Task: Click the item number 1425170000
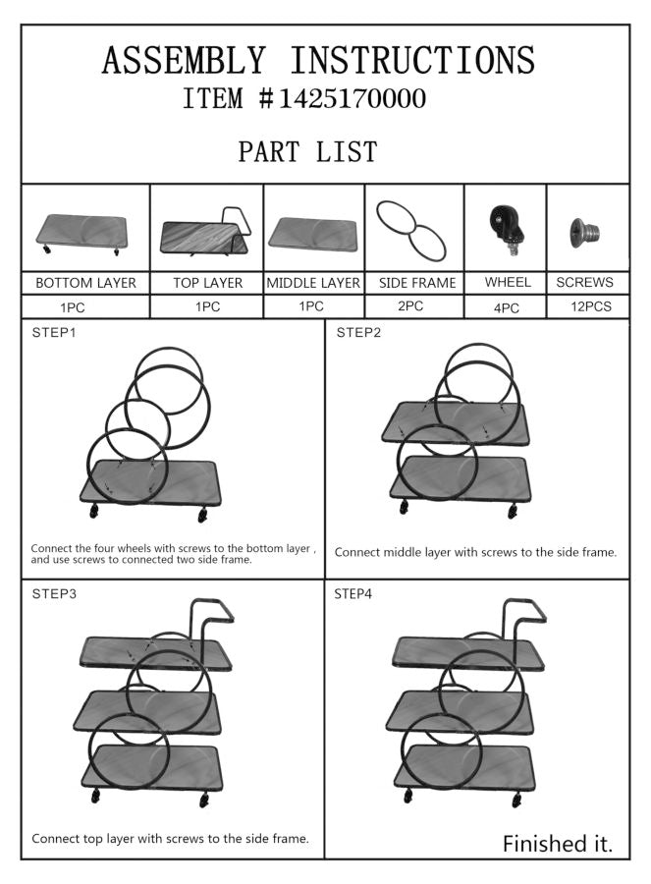tap(353, 98)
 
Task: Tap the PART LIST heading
tap(307, 151)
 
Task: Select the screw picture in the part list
tap(584, 231)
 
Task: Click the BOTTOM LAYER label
tap(85, 283)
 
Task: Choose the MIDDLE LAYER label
tap(313, 283)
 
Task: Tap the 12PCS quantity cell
tap(591, 306)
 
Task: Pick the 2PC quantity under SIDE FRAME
tap(410, 306)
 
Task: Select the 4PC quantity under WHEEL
tap(506, 308)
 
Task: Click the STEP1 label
tap(54, 333)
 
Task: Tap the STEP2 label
tap(358, 333)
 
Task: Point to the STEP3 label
tap(54, 593)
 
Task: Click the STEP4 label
tap(353, 593)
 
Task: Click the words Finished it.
tap(558, 844)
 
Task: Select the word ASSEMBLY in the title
tap(184, 60)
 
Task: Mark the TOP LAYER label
tap(207, 283)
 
